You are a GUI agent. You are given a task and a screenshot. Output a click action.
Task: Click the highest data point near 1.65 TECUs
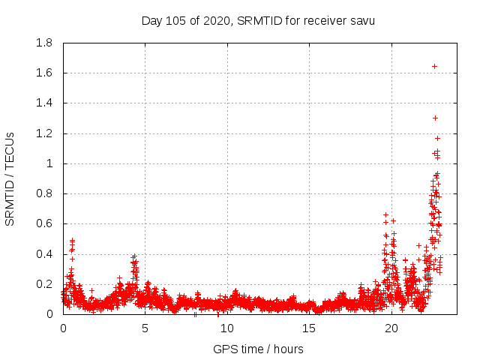434,66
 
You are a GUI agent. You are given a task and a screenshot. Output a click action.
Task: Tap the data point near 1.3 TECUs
435,118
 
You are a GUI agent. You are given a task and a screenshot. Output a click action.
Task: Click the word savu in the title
361,20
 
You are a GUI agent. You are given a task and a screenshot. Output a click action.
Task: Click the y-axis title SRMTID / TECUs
10,178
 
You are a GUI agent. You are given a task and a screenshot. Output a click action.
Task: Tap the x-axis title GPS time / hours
258,349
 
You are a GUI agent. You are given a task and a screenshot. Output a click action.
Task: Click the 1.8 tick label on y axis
44,43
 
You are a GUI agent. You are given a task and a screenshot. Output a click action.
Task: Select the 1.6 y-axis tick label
44,73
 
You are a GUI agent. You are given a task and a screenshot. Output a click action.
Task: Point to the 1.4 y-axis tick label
44,103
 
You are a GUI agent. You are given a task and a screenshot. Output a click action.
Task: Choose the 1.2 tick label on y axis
44,133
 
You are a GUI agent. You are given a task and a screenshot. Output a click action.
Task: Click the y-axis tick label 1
50,163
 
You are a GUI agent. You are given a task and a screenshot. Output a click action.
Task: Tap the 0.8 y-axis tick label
44,193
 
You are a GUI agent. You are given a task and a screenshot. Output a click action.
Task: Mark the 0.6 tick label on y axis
44,223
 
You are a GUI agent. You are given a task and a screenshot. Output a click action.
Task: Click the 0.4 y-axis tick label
44,254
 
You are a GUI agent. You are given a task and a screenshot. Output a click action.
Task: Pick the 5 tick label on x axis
145,328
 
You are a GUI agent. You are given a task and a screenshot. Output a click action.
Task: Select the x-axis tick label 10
227,328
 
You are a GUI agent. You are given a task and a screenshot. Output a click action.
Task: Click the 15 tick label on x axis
309,328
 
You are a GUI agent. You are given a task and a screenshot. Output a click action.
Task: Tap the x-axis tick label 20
391,328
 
